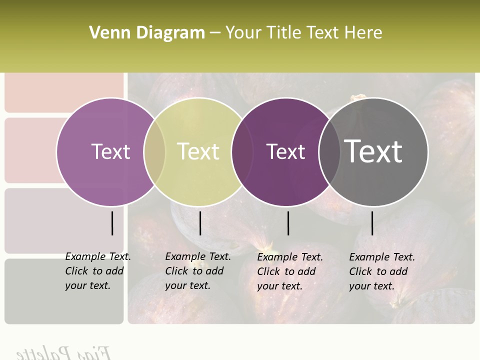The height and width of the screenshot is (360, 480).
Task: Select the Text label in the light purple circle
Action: tap(110, 151)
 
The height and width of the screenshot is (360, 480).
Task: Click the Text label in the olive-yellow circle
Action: tap(198, 151)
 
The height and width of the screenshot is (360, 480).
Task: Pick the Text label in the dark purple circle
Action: tap(285, 151)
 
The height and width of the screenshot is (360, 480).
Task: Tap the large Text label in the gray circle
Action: tap(373, 151)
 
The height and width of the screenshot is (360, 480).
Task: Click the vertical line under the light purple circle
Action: tap(112, 223)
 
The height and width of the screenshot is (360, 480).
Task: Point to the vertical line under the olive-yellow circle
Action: tap(200, 223)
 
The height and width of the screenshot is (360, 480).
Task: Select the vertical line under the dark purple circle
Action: tap(288, 223)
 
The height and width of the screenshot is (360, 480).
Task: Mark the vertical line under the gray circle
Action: tap(372, 223)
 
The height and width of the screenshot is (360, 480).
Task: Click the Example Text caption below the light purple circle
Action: tap(97, 271)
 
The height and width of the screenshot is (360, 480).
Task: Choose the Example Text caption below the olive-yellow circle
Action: tap(197, 271)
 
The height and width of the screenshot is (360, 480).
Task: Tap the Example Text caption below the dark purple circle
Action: tap(289, 271)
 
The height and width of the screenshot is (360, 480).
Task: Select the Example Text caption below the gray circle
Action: tap(381, 271)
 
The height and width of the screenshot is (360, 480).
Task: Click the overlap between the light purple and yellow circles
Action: tap(154, 151)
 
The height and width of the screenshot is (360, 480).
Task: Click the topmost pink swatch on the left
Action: tap(64, 93)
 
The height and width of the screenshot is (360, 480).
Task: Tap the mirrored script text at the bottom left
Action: tap(63, 352)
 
